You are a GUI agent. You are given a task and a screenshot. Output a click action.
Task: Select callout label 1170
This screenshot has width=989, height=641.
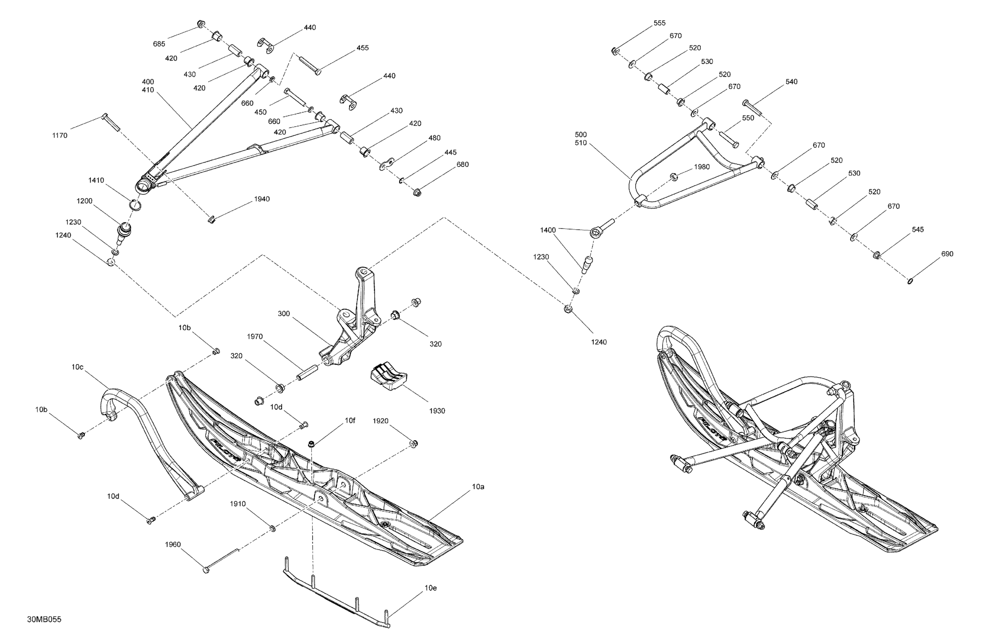point(60,135)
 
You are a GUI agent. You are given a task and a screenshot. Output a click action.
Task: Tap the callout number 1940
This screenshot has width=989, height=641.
point(262,199)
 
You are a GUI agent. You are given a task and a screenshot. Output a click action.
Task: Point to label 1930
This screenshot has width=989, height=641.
point(437,411)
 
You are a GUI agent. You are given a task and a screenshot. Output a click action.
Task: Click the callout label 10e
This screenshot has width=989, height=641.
point(430,588)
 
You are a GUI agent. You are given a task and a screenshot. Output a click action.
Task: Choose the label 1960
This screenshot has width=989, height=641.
point(173,544)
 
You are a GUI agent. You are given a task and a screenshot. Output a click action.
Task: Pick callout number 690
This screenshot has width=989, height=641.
point(948,254)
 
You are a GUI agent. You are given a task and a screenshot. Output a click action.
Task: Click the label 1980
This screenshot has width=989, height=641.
point(702,167)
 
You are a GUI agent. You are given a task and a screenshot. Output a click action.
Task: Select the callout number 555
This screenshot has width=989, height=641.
point(659,23)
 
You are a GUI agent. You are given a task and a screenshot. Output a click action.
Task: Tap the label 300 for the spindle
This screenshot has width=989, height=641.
point(284,314)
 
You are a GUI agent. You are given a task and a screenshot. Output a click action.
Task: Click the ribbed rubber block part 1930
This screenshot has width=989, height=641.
point(388,376)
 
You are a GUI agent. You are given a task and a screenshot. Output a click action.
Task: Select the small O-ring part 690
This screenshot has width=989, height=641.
point(910,281)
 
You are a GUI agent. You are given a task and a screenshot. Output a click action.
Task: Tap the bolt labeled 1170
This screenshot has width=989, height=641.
point(110,122)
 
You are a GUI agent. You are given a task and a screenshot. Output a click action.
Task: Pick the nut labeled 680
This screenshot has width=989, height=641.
point(417,192)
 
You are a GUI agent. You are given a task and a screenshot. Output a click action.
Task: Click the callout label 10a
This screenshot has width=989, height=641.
point(478,486)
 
